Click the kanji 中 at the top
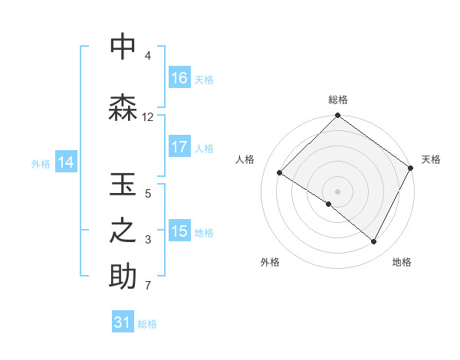(x=123, y=47)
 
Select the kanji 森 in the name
(x=123, y=108)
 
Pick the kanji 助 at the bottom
(x=123, y=277)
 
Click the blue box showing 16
(x=179, y=78)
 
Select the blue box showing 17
(x=179, y=147)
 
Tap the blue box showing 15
(x=179, y=231)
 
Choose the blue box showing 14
(x=66, y=162)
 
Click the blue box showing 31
(x=123, y=323)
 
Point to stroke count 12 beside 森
(x=148, y=117)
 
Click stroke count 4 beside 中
(x=148, y=56)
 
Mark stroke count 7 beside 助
(x=148, y=286)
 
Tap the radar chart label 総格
(x=338, y=100)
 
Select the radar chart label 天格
(x=431, y=159)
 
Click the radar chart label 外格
(x=270, y=262)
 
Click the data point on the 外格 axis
(x=329, y=204)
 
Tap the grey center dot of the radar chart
(x=337, y=191)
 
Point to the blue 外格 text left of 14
(x=41, y=163)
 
